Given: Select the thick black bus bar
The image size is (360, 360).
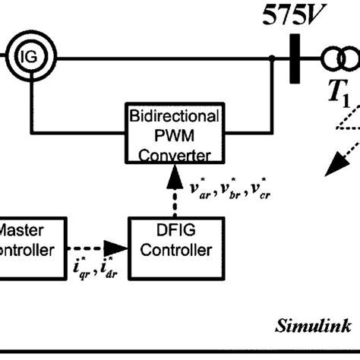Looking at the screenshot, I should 292,58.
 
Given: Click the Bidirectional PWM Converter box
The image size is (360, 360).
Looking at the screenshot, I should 176,134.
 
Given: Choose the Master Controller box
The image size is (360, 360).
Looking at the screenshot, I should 27,239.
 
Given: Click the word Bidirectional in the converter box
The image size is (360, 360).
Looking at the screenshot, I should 176,118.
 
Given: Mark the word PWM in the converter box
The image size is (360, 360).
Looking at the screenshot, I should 175,135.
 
